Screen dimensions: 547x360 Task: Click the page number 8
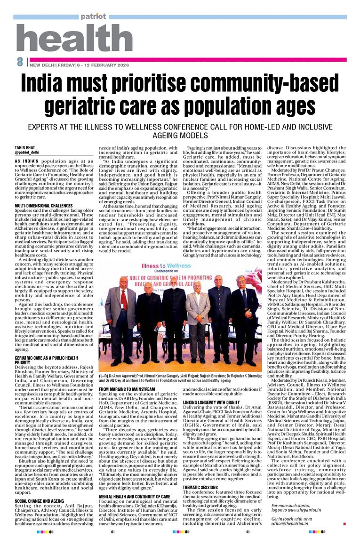click(x=20, y=62)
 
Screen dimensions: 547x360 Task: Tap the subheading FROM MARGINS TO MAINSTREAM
click(x=127, y=389)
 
